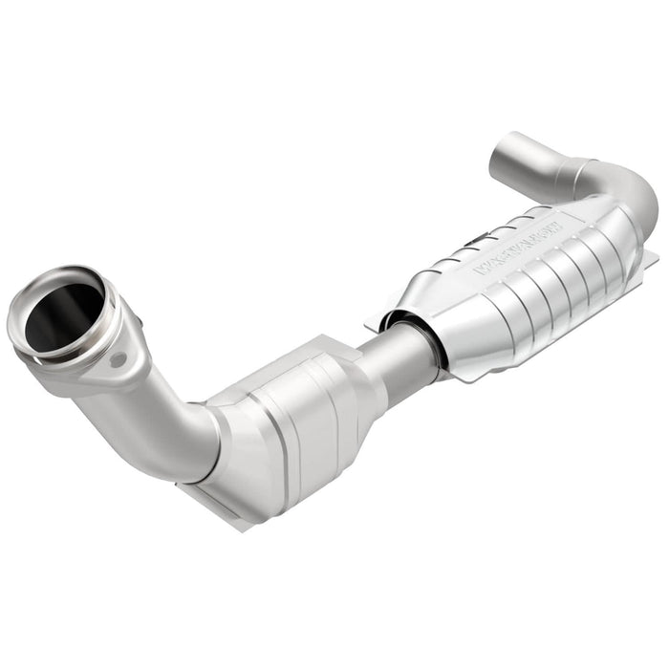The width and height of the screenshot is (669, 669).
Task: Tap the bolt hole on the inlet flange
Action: (119, 361)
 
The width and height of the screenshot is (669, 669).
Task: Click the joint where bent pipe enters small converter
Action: (215, 435)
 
